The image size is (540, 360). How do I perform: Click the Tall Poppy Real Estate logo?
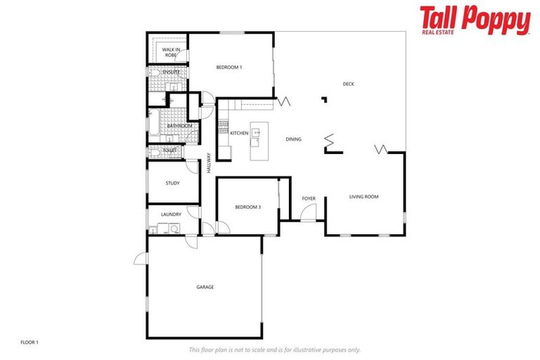pos(475,20)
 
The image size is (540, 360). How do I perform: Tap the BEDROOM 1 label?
pos(229,67)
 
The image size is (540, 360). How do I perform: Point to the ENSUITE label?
pos(171,72)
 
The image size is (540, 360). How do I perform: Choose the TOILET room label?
pos(169,150)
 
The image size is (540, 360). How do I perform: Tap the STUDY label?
pos(172,183)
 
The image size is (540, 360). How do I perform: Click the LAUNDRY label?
pos(171,214)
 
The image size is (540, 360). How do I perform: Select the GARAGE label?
pos(205,287)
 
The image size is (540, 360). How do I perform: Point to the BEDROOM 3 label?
pos(248,207)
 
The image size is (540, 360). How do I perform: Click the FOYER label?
pos(309,198)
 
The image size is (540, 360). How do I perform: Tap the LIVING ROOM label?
pos(364,196)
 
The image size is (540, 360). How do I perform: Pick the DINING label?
pos(293,139)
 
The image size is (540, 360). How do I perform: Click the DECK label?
pos(348,84)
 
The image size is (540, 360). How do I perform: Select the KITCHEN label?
pos(239,133)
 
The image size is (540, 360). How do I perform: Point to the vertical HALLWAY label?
pos(209,163)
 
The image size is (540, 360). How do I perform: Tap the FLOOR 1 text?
pos(30,342)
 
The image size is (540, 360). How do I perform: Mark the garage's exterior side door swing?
pos(140,259)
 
